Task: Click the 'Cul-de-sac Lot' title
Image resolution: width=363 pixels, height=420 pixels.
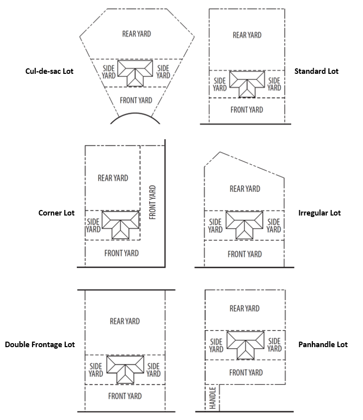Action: coord(49,71)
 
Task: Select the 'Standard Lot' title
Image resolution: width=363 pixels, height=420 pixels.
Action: coord(316,71)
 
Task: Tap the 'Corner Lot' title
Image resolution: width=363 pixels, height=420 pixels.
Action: coord(57,213)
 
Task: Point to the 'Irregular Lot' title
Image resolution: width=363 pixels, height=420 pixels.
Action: coord(320,213)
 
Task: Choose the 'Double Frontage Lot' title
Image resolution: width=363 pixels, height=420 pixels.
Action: coord(40,345)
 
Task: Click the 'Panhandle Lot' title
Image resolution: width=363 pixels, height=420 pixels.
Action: coord(323,345)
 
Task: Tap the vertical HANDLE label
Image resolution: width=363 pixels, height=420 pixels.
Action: coord(212,398)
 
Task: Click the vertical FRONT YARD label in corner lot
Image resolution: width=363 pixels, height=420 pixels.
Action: coord(152,202)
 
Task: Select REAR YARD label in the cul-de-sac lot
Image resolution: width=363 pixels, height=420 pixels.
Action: coord(137,34)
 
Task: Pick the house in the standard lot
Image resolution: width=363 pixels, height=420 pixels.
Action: coord(247,80)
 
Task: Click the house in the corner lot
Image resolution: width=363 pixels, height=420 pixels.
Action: coord(120,222)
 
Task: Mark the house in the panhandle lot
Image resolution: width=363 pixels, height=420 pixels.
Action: coord(246,342)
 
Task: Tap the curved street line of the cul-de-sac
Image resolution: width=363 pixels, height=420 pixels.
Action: coord(135,114)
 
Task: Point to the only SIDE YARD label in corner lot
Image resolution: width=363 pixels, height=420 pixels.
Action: coord(93,226)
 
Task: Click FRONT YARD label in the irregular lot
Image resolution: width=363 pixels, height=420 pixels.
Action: coord(245,254)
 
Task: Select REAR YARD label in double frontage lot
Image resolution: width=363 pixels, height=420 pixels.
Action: coord(125,321)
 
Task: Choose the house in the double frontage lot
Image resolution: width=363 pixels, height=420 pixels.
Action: coord(126,366)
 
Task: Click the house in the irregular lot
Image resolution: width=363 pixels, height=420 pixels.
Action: coord(245,222)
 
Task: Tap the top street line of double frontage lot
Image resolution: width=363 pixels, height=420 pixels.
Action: coord(127,290)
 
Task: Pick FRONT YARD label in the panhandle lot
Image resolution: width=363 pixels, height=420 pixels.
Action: coord(246,373)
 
